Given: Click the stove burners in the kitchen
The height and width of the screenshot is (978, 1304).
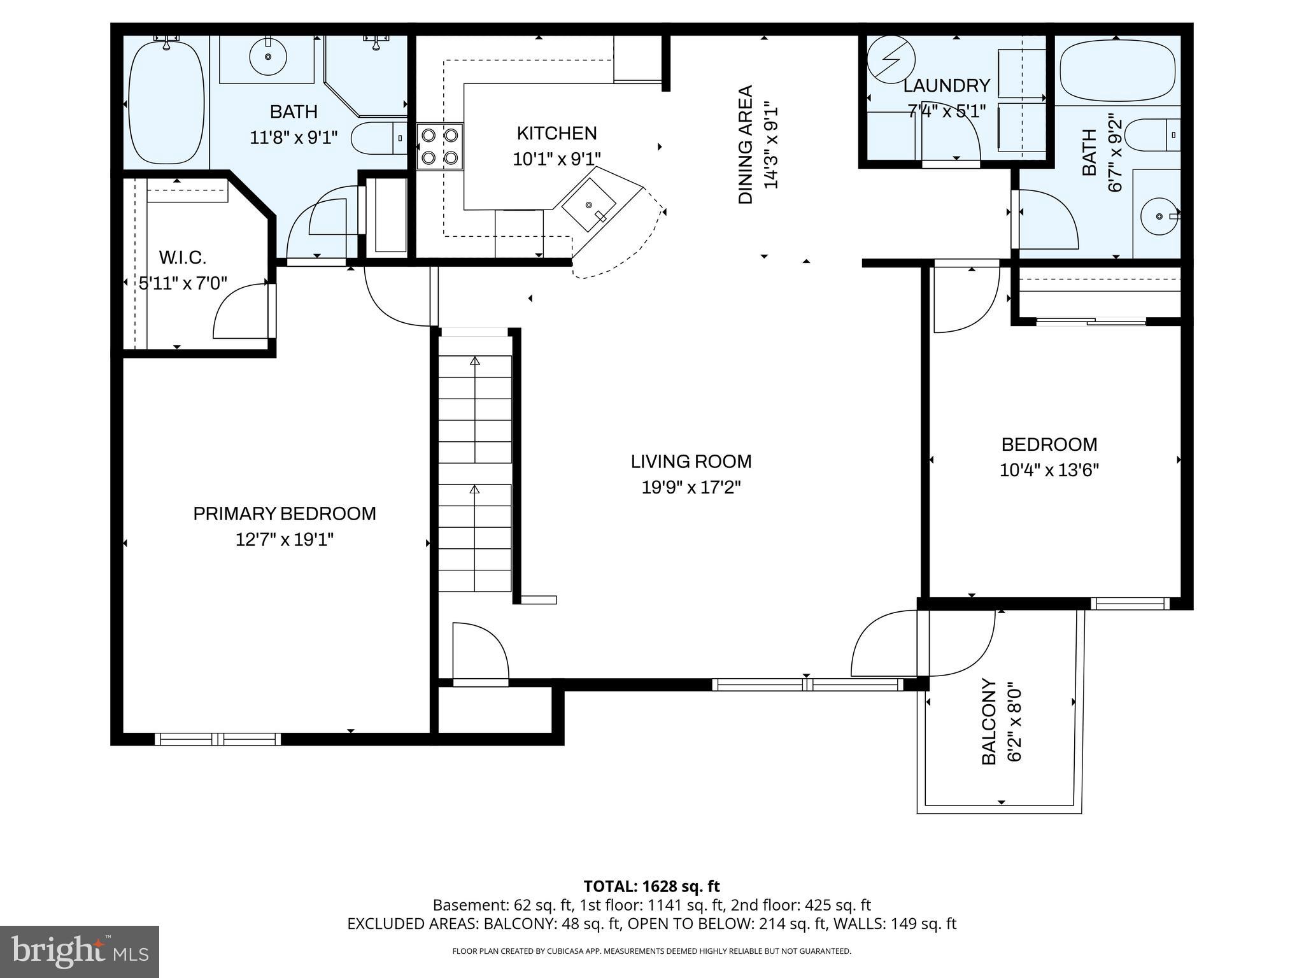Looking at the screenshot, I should point(440,146).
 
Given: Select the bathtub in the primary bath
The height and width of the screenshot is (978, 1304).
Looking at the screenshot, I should point(166,102).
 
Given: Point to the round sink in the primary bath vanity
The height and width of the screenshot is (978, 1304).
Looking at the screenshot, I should point(267,57).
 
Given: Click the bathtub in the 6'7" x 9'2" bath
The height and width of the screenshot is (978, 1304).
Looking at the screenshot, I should point(1120,71).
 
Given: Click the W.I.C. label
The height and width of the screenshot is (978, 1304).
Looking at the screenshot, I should point(183,258).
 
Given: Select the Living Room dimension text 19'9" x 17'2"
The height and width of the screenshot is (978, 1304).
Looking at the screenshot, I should point(691,488).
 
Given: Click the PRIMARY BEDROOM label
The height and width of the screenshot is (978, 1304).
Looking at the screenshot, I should point(285,514).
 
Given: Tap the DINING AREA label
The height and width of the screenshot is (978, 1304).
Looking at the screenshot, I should point(746,145).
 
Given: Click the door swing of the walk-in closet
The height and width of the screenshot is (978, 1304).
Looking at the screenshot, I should point(240,312).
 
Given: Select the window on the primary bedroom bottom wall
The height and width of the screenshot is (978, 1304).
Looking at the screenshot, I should point(218,739).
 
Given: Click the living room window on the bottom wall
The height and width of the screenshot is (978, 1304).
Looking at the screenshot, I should point(807,684).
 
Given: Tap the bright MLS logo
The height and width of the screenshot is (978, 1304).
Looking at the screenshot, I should point(80,951).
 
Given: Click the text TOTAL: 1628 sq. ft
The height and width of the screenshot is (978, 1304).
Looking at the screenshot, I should point(651,886).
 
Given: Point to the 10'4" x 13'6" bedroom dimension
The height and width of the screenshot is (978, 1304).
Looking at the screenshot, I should point(1049,471).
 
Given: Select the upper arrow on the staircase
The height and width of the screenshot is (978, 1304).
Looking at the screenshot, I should point(474,361).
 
